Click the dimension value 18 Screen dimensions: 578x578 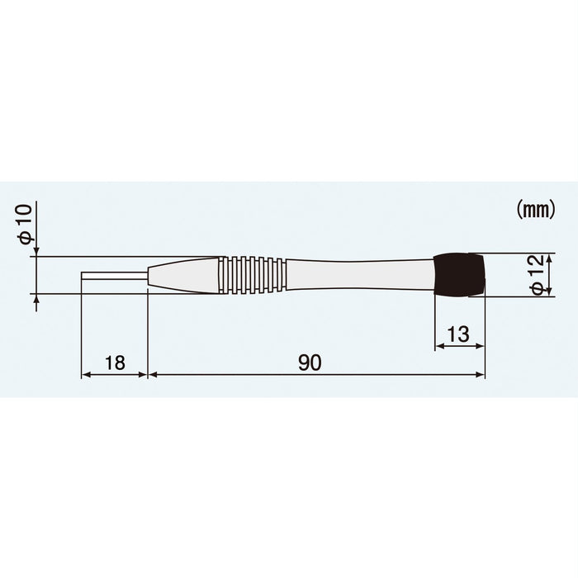pyautogui.click(x=115, y=362)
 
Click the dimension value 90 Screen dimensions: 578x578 pyautogui.click(x=310, y=362)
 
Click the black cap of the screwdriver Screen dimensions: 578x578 pyautogui.click(x=459, y=274)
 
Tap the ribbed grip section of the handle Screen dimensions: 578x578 pyautogui.click(x=253, y=274)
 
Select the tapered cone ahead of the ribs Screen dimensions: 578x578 pyautogui.click(x=183, y=274)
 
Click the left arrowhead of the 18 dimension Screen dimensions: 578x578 pyautogui.click(x=85, y=375)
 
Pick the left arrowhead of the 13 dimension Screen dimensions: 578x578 pyautogui.click(x=438, y=347)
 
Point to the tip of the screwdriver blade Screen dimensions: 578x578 pyautogui.click(x=83, y=274)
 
